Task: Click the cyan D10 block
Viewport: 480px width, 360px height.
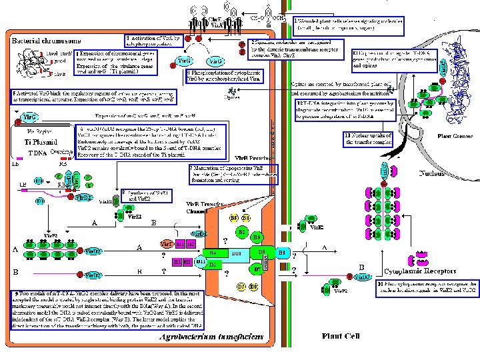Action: point(235,253)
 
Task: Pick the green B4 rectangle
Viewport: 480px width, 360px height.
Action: point(213,253)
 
